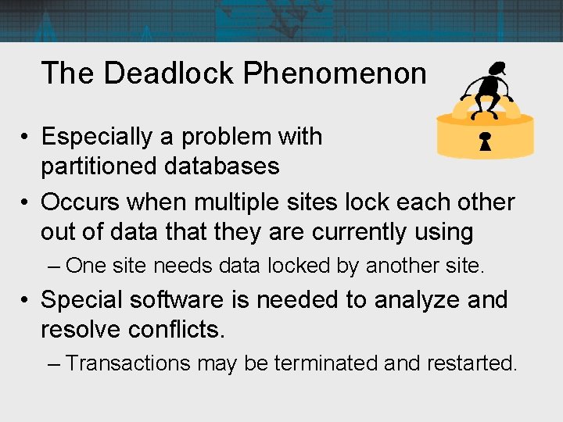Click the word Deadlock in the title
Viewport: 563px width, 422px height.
pos(169,73)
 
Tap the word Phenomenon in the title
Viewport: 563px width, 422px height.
pos(335,73)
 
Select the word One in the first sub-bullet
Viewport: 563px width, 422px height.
pos(86,266)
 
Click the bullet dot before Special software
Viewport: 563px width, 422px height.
pos(27,300)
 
